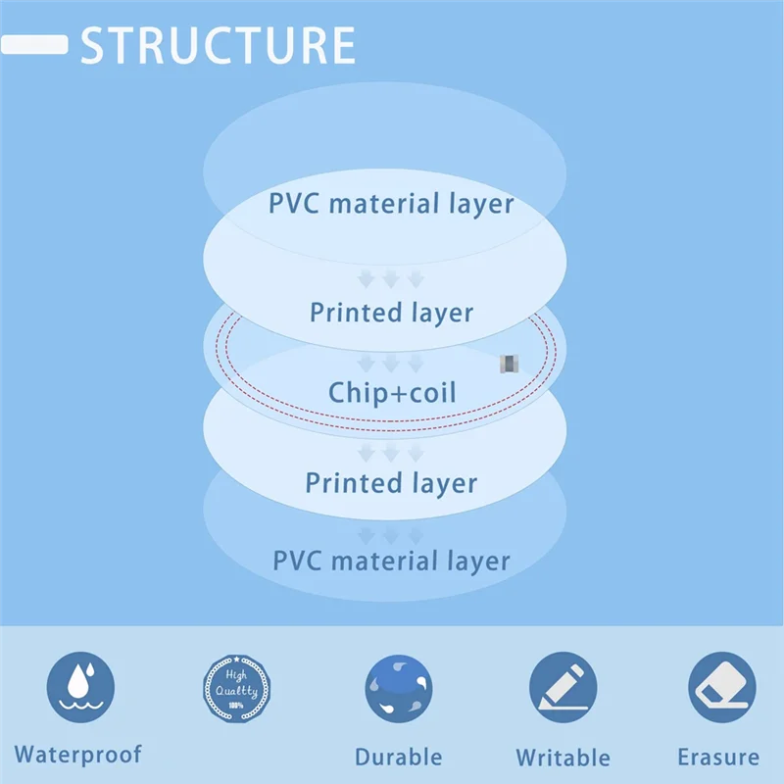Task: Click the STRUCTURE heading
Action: pyautogui.click(x=217, y=46)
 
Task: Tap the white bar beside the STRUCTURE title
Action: pyautogui.click(x=34, y=45)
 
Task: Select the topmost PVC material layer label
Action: pyautogui.click(x=391, y=204)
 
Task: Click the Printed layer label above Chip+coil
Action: pyautogui.click(x=391, y=313)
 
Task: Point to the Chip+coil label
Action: pyautogui.click(x=392, y=393)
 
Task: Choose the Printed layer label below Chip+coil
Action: pyautogui.click(x=391, y=483)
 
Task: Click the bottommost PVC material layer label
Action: pyautogui.click(x=391, y=562)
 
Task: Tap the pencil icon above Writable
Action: pyautogui.click(x=563, y=688)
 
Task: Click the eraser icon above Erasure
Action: pyautogui.click(x=721, y=688)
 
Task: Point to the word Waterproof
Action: pyautogui.click(x=77, y=755)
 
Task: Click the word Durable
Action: pyautogui.click(x=398, y=757)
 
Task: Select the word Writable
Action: pyautogui.click(x=563, y=758)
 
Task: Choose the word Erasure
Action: pyautogui.click(x=718, y=757)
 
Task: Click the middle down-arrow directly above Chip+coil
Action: pyautogui.click(x=391, y=365)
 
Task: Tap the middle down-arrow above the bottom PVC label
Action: pyautogui.click(x=391, y=535)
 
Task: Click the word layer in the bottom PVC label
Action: pyautogui.click(x=474, y=562)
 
